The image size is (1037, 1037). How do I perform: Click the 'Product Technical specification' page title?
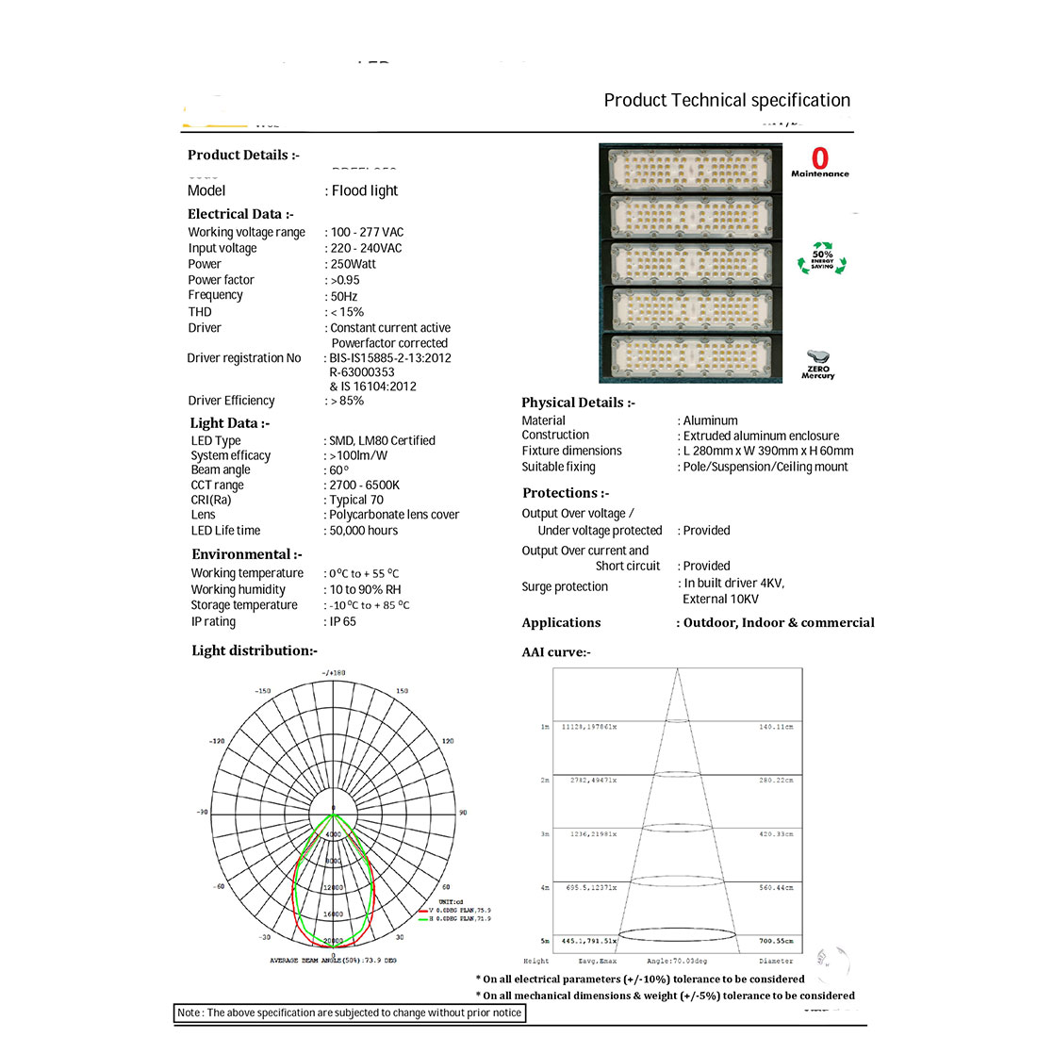tap(727, 101)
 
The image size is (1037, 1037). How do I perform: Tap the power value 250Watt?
tap(354, 264)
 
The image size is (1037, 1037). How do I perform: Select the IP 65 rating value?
tap(342, 622)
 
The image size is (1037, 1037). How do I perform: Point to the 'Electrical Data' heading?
tap(240, 214)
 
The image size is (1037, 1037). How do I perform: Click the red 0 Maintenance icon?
tap(820, 161)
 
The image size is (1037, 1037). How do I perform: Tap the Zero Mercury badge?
tap(818, 366)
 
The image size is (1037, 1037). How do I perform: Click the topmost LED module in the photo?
tap(691, 169)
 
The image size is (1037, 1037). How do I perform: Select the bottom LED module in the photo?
tap(691, 358)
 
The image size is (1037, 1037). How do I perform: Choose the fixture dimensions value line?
tap(767, 451)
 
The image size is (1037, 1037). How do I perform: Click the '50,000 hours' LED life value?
tap(363, 531)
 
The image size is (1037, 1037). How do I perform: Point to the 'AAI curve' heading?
tap(556, 652)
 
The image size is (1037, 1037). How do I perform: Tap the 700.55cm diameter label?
tap(777, 941)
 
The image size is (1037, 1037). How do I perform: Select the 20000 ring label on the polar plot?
tap(334, 941)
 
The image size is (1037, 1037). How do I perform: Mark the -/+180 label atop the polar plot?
tap(334, 673)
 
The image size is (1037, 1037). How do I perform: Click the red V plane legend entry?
tap(459, 911)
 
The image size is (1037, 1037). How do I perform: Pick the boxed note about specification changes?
tap(349, 1012)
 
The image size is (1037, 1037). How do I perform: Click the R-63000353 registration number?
tap(362, 372)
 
